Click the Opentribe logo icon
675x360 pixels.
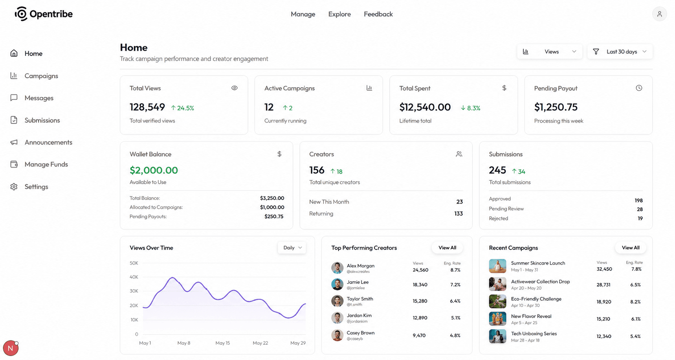[21, 14]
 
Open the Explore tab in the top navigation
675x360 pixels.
[339, 14]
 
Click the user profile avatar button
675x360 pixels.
[659, 14]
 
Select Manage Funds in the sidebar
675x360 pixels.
[46, 164]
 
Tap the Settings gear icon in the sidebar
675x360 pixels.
[14, 187]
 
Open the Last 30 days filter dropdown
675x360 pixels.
[620, 51]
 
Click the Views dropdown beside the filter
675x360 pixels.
[550, 51]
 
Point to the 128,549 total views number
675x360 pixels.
[147, 107]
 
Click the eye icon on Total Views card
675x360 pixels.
[235, 88]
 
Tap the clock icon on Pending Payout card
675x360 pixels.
[639, 88]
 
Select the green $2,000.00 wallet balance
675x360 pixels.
[154, 170]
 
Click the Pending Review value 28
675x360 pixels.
[640, 209]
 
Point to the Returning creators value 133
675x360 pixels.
[458, 213]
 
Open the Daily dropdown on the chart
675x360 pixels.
[292, 248]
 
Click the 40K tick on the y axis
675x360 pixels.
[134, 277]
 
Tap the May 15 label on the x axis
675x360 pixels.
[222, 343]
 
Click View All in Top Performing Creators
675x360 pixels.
[447, 248]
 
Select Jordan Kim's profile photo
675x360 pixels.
[337, 318]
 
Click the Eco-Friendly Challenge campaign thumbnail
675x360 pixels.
[497, 301]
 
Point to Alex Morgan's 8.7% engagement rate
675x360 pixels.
[455, 270]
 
